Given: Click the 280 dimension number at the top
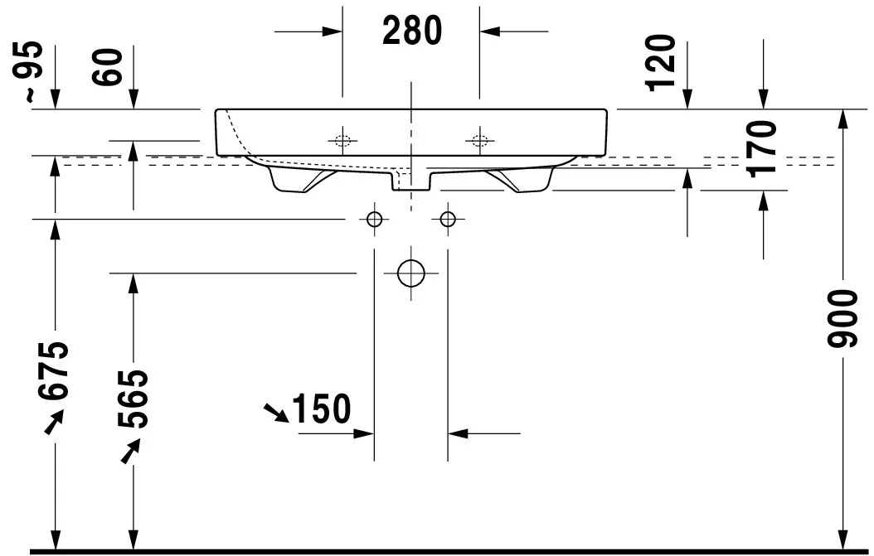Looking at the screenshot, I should click(x=411, y=31).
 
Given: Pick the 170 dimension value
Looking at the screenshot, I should click(x=761, y=148).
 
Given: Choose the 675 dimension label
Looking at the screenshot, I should click(x=56, y=371).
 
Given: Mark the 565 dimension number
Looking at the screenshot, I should click(x=132, y=399).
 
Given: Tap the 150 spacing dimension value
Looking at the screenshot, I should click(x=322, y=409).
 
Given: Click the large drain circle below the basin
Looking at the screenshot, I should click(x=410, y=272).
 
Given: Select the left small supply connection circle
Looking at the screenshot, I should click(x=374, y=219).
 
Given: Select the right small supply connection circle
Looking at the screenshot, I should click(x=448, y=219).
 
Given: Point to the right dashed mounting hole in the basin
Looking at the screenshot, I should click(x=478, y=139).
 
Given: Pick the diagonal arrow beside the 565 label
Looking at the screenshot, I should click(x=129, y=452).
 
